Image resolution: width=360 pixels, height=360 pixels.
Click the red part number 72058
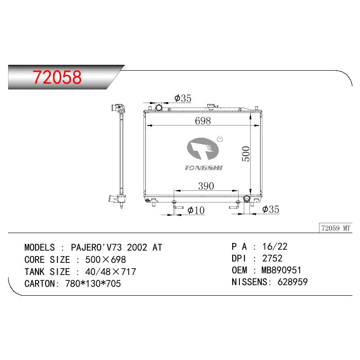pos(57,77)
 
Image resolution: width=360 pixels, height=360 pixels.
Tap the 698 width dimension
pos(203,121)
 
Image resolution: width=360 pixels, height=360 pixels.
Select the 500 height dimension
pos(246,154)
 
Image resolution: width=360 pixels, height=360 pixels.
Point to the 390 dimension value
pos(206,186)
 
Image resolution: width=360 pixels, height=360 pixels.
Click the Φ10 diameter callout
pos(196,210)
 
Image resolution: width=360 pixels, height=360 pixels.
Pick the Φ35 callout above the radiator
pos(183,98)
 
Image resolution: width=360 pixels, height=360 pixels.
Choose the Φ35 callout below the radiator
pos(271,209)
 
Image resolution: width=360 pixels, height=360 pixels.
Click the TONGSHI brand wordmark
pos(203,168)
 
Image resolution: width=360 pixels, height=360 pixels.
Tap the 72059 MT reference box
pos(336,228)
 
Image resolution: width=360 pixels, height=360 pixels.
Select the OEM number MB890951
pos(281,270)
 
